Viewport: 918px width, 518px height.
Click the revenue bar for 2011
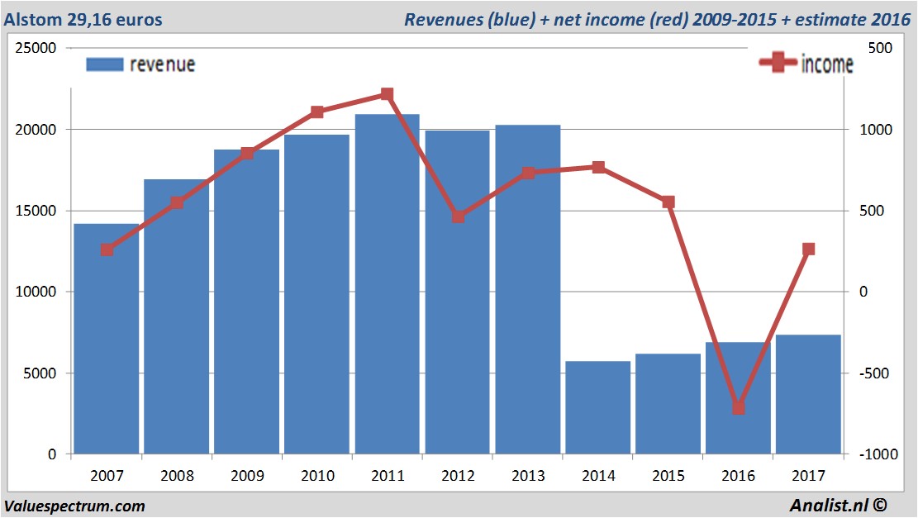point(388,284)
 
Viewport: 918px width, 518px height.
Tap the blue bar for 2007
point(107,339)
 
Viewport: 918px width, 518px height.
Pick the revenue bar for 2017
point(809,394)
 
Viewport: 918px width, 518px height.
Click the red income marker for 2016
point(739,407)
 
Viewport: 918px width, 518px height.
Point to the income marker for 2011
point(388,94)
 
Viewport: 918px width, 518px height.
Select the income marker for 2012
point(458,216)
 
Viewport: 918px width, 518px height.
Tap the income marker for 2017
point(809,249)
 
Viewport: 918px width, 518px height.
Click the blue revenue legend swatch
point(104,64)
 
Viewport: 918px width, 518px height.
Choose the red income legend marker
point(778,64)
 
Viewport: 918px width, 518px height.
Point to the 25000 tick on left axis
point(36,49)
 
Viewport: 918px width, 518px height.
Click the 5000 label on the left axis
point(40,373)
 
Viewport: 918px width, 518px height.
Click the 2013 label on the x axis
point(528,477)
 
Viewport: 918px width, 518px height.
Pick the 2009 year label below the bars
point(247,477)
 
